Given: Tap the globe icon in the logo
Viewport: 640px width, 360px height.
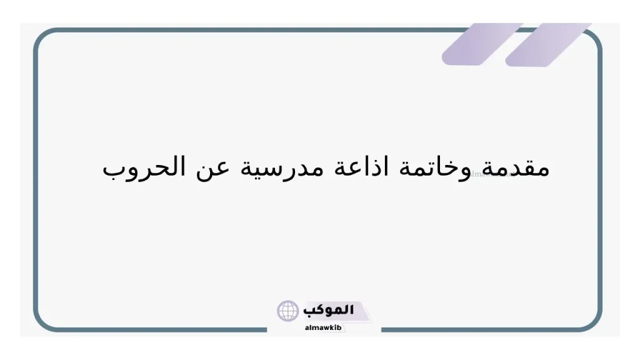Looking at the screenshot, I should click(x=288, y=311).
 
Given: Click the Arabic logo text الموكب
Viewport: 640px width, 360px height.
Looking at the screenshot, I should click(x=328, y=310).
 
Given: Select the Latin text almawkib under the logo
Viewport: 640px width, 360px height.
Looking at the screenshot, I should click(x=323, y=327).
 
